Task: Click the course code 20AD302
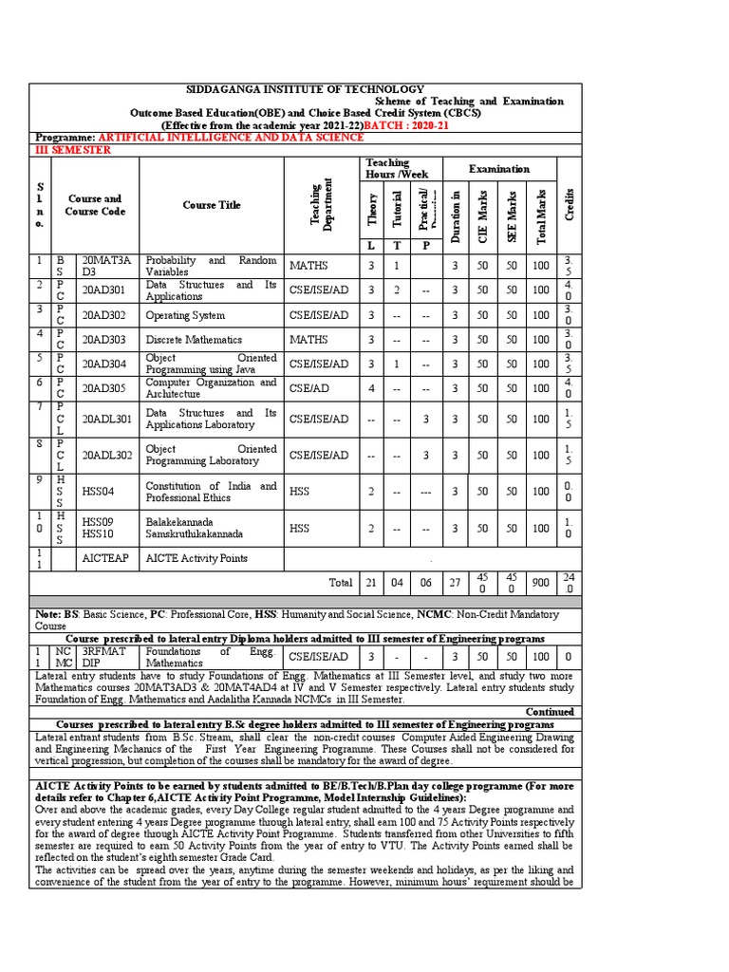point(105,315)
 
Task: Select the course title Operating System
point(185,315)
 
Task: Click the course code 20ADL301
point(106,419)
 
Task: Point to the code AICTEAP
point(103,558)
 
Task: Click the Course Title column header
point(212,205)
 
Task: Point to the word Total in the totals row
point(340,582)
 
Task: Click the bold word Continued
point(550,712)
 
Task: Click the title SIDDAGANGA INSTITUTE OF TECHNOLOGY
point(306,88)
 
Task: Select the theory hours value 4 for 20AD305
point(371,387)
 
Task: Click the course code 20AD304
point(105,364)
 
